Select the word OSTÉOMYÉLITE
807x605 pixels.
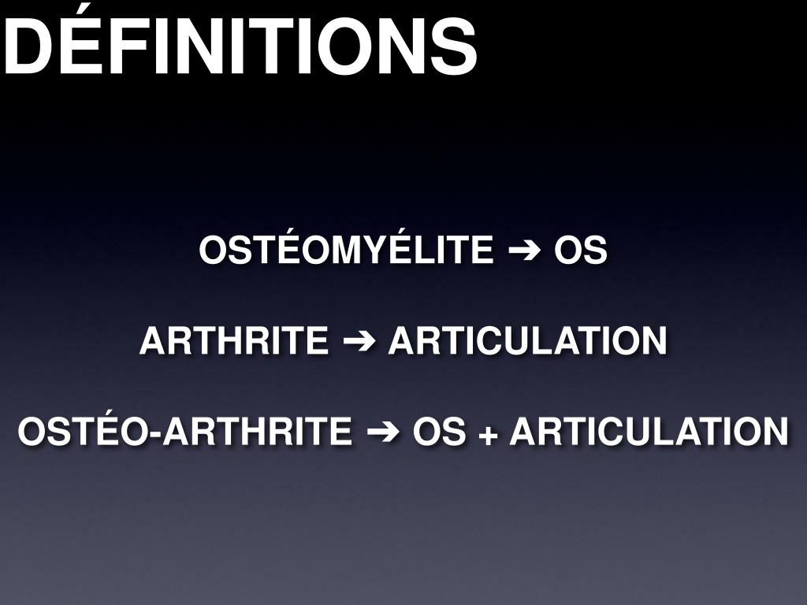point(346,251)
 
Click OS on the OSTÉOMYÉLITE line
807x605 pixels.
point(581,251)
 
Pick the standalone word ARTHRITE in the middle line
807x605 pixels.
point(234,342)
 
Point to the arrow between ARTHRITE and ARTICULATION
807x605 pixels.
point(359,342)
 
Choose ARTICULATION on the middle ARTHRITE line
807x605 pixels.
point(527,342)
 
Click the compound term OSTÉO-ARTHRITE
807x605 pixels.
point(185,432)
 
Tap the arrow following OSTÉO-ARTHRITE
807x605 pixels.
point(383,432)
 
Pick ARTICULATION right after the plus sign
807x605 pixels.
point(649,432)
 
